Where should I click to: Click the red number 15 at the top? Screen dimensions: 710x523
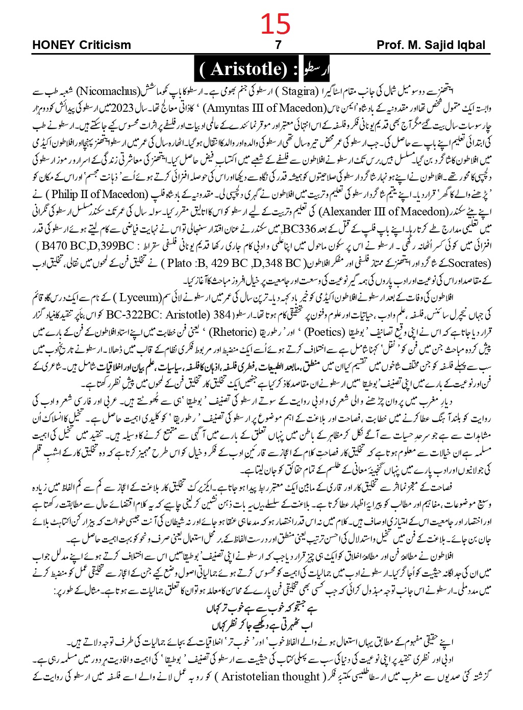pyautogui.click(x=276, y=23)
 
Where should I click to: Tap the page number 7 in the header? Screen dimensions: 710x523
pyautogui.click(x=278, y=45)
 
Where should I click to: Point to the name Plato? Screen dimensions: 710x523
pyautogui.click(x=180, y=263)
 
